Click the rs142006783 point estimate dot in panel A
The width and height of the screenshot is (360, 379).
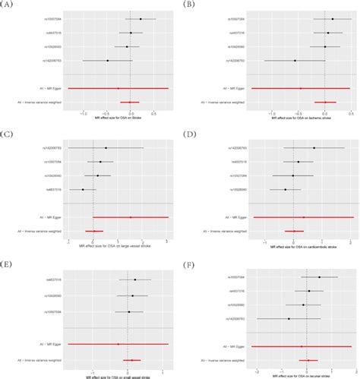(107, 60)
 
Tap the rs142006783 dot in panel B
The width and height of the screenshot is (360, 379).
(295, 60)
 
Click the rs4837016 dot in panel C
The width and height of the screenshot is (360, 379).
(82, 190)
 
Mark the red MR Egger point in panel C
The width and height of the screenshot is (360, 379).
(130, 217)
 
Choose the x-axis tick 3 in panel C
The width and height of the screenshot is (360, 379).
(166, 241)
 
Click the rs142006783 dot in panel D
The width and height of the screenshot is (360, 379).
(314, 148)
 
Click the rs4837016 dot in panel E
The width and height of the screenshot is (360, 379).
(135, 280)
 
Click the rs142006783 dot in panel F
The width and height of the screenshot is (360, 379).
(289, 319)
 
